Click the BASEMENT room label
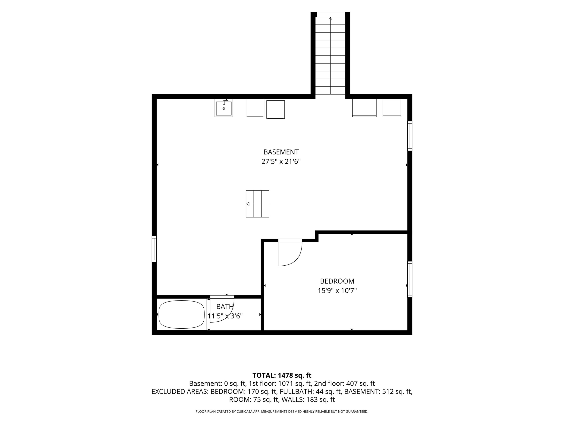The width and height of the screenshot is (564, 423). (281, 152)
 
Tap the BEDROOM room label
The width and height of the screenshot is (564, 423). (337, 281)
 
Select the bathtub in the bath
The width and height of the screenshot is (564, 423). (182, 314)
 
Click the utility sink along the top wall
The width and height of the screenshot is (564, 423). (224, 108)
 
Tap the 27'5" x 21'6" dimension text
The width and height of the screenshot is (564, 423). (281, 162)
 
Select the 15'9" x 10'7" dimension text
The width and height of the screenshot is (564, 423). (337, 291)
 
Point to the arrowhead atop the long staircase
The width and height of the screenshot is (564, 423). (331, 19)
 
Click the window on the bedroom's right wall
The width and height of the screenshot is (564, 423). (410, 279)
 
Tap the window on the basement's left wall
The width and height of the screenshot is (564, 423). (154, 249)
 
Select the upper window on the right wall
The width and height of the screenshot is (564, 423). (410, 136)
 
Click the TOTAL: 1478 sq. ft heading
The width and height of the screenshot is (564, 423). (282, 375)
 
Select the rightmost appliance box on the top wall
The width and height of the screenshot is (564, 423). (392, 108)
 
